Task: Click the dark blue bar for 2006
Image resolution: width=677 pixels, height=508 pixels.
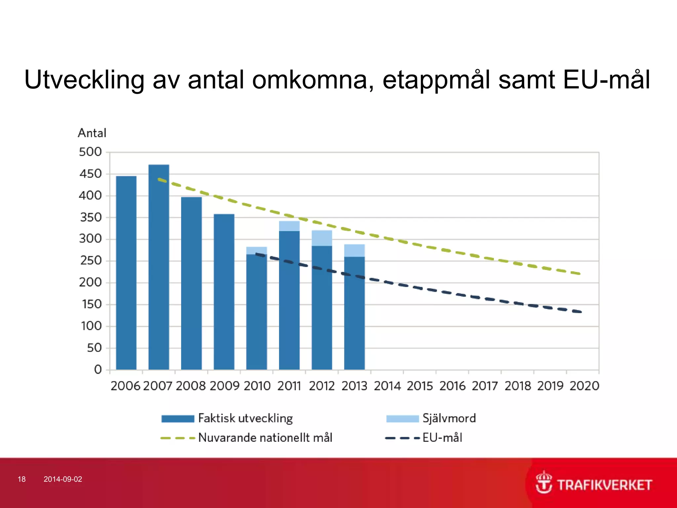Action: (126, 273)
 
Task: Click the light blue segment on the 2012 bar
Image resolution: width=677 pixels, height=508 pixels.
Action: (322, 238)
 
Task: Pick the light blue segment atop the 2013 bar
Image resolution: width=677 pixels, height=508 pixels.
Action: (354, 250)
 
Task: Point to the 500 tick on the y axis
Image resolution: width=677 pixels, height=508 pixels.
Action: (90, 152)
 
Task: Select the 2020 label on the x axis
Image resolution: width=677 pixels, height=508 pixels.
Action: (584, 386)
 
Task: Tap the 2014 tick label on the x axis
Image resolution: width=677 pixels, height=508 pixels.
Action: (387, 386)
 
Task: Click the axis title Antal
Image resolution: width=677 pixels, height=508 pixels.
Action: (92, 133)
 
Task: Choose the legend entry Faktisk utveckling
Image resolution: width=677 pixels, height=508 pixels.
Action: (245, 418)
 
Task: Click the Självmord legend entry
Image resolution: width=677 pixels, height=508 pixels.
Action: (449, 418)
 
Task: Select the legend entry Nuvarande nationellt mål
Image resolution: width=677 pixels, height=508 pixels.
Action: (265, 438)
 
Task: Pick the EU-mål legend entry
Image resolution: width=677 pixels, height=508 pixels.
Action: (442, 438)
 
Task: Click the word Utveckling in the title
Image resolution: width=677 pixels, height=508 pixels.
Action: (84, 80)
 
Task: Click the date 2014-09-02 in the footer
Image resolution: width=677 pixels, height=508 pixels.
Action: (63, 479)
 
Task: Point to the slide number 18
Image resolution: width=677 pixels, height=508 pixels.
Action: (21, 479)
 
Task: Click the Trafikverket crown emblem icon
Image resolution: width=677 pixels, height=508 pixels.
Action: (543, 483)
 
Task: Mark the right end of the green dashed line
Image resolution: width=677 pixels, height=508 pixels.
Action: (580, 274)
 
